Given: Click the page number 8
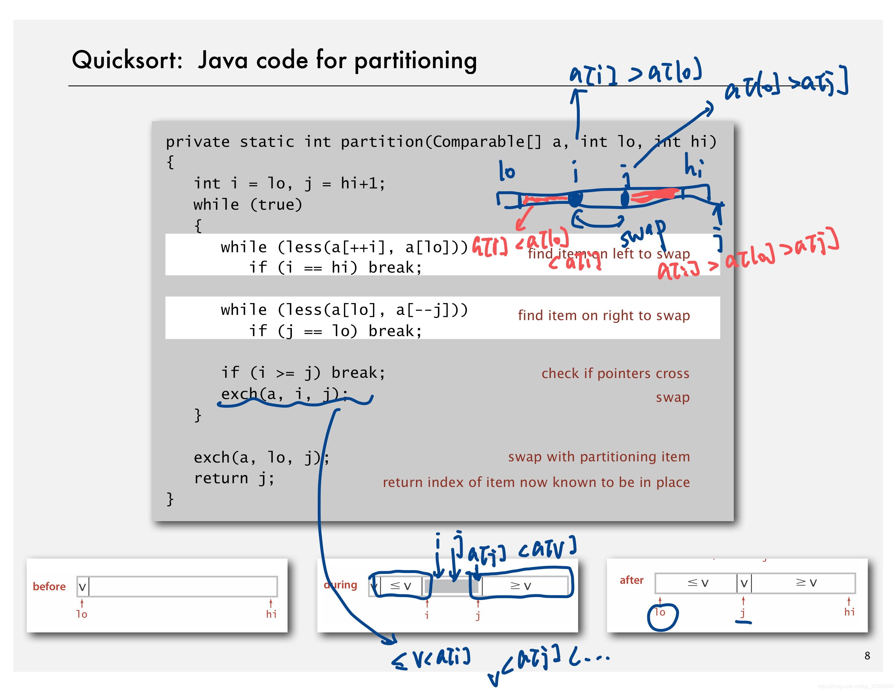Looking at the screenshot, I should coord(867,656).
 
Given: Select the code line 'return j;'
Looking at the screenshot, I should coord(234,478).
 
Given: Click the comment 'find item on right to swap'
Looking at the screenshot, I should coord(604,316).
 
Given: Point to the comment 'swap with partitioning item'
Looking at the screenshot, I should coord(599,457).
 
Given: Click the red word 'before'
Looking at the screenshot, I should coord(49,587).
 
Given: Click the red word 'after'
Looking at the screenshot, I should coord(631,580).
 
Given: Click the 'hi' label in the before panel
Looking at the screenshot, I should coord(271,614).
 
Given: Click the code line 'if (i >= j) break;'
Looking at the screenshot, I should coord(303,373).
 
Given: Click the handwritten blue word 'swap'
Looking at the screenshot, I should coord(643,233).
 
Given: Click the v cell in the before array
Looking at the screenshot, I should coord(82,587).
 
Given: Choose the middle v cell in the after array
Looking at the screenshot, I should coord(744,583).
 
